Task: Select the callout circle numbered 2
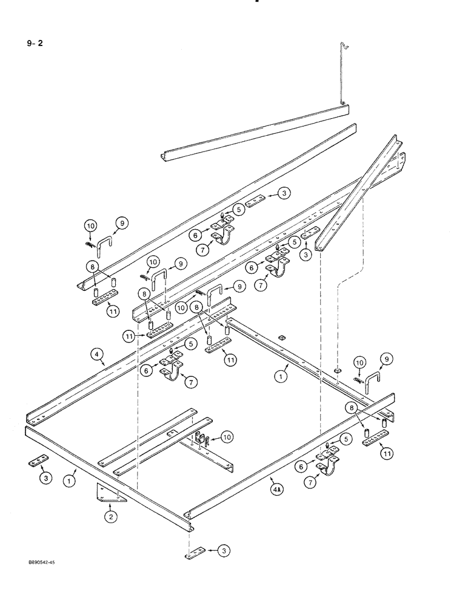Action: (x=110, y=516)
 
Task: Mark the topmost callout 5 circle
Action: (x=239, y=210)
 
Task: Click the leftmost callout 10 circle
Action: (x=90, y=226)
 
